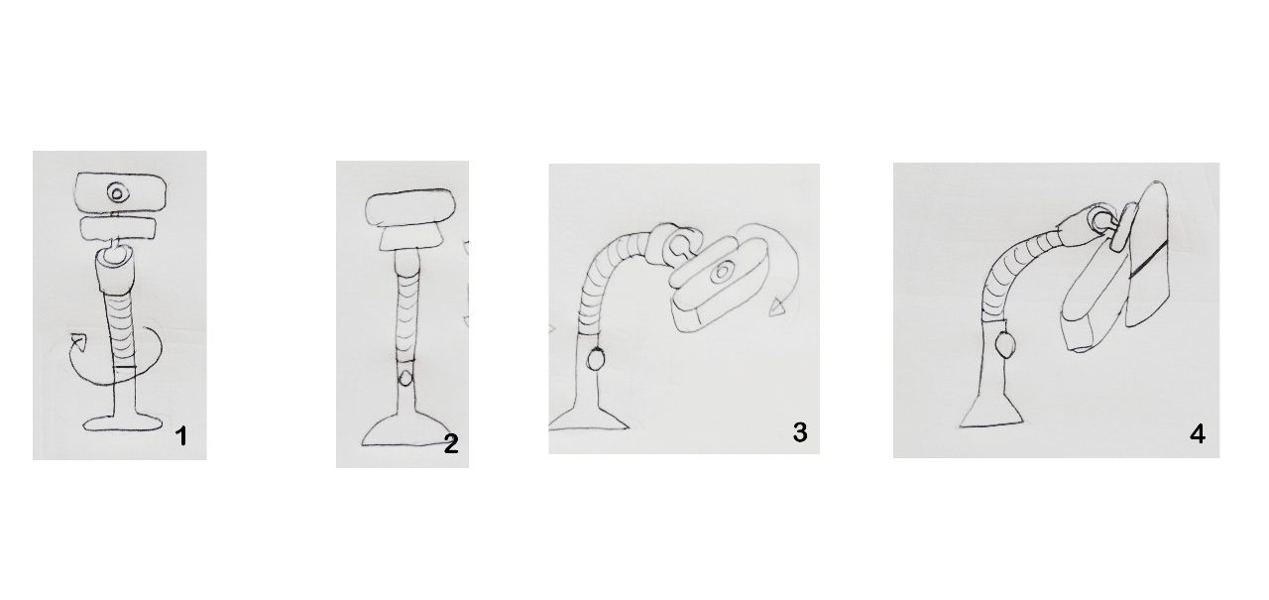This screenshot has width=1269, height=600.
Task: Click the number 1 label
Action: (181, 436)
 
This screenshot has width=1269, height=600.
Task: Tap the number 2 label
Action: (451, 444)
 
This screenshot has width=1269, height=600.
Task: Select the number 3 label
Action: (800, 432)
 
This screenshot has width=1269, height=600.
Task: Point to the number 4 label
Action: (1197, 434)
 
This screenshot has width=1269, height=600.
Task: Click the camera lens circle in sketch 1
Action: (117, 193)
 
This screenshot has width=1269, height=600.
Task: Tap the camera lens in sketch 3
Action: (721, 272)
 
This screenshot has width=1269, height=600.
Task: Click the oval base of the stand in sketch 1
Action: (122, 423)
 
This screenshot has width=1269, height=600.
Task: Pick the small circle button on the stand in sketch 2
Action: (404, 378)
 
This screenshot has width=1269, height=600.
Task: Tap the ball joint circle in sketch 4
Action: (1100, 221)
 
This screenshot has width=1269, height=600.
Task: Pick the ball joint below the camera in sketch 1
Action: (115, 256)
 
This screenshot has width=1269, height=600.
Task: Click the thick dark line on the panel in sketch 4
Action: (1148, 259)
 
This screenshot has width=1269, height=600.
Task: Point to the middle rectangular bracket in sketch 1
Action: (118, 228)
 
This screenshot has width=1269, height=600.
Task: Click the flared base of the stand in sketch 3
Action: (588, 417)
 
